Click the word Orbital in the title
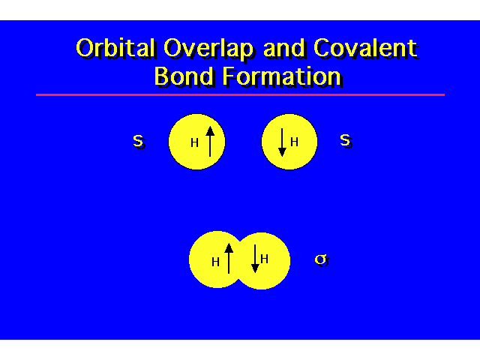coord(115,48)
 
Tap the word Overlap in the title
coord(208,49)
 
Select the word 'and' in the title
coord(283,48)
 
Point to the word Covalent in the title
coord(366,48)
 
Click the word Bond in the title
coord(184,76)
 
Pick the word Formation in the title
coord(282,76)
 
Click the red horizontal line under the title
coord(240,95)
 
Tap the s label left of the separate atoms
coord(139,142)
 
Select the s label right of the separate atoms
coord(346,141)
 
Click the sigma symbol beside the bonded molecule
coord(322,260)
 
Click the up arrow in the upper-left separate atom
coord(210,142)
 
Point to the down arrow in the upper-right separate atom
coord(282,142)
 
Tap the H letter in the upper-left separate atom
coord(195,142)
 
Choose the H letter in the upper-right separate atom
coord(294,142)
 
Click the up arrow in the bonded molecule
coord(229,258)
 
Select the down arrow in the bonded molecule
coord(255,259)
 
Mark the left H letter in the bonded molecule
coord(215,262)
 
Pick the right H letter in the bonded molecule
coord(264,259)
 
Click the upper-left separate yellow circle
coord(196,142)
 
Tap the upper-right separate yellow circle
coord(289,142)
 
